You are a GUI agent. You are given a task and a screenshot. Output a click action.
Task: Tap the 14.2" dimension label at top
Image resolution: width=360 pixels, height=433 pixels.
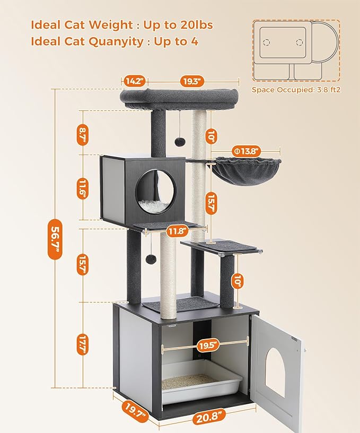tap(134, 81)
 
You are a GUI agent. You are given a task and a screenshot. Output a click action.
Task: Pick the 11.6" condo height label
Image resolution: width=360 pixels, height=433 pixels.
tap(82, 187)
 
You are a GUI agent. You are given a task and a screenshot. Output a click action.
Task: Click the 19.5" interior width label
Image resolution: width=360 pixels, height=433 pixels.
tap(208, 345)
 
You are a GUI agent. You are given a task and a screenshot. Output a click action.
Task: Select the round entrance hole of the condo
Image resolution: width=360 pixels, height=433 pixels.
tap(156, 187)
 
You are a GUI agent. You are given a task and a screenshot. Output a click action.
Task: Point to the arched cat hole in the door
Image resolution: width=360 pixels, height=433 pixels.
tap(275, 373)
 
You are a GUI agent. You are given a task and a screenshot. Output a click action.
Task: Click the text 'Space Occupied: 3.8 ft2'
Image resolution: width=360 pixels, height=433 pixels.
tap(296, 90)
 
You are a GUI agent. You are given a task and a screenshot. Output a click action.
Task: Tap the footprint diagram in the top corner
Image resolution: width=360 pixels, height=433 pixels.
tap(295, 50)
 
